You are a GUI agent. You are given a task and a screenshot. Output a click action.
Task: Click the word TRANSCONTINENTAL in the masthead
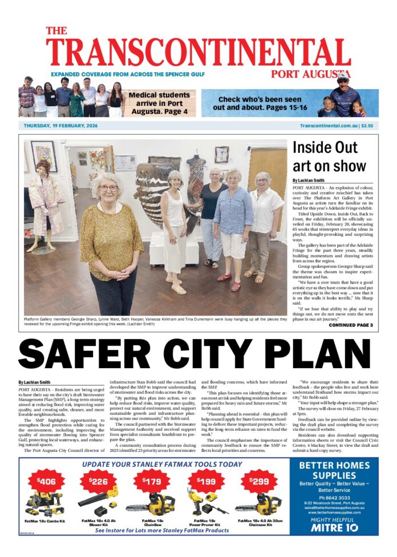coord(198,53)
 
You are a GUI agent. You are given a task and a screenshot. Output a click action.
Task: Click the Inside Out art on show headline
coord(329,156)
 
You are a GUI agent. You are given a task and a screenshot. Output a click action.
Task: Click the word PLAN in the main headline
coord(329,355)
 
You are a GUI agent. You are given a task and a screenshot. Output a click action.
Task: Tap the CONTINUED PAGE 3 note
coord(350,325)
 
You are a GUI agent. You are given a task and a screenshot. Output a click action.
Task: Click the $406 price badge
coord(47,481)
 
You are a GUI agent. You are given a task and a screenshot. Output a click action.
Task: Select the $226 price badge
coord(99,481)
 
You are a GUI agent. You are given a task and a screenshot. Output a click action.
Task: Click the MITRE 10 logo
coord(338,528)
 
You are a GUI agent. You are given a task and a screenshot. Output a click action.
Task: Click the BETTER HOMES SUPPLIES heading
coord(338,471)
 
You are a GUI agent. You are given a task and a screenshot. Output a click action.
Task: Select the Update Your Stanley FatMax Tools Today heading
coord(162,464)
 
